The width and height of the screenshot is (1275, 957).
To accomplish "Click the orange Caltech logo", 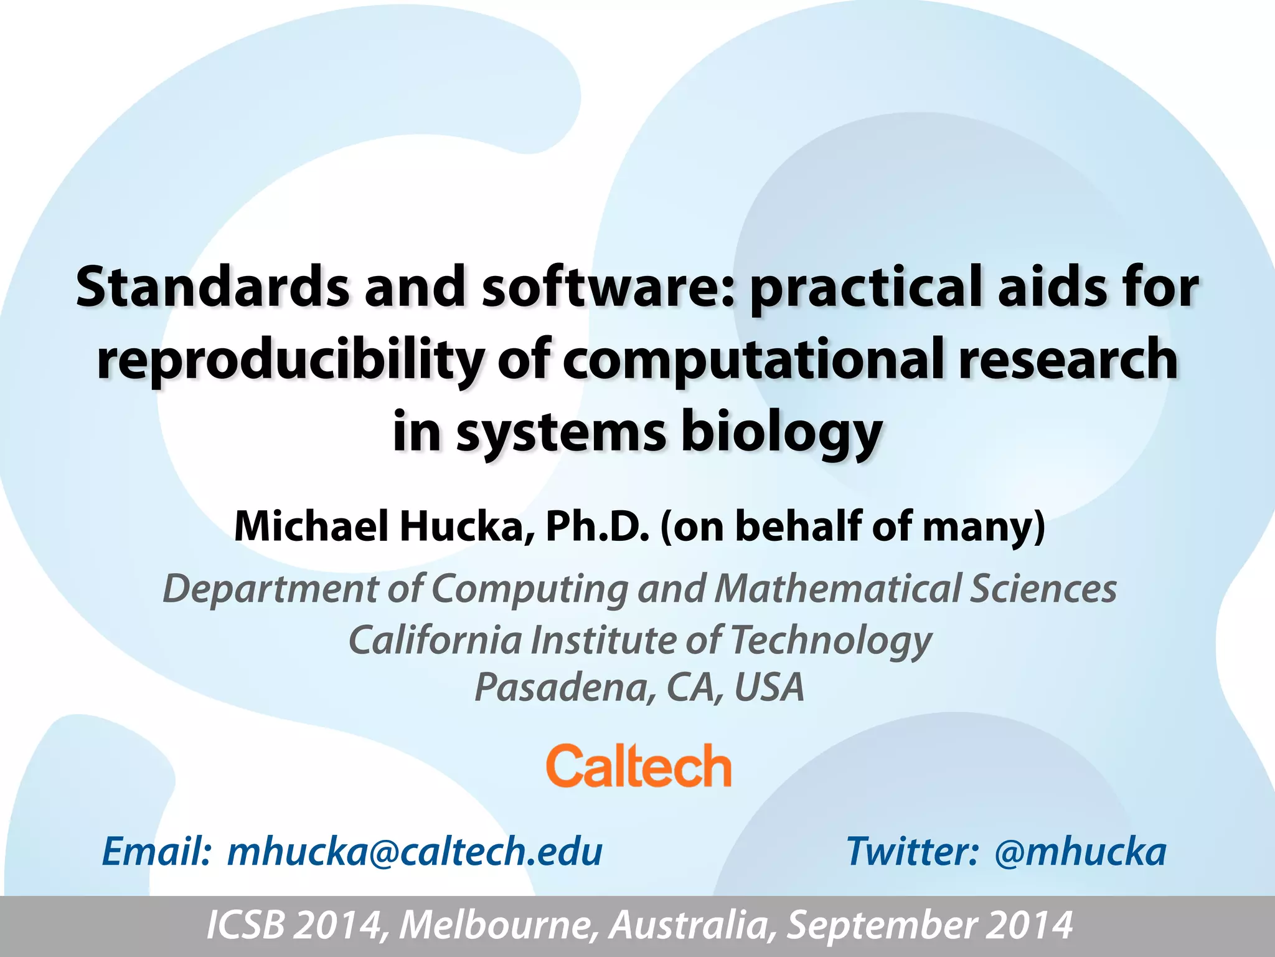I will coord(638,766).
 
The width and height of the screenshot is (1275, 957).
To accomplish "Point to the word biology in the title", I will coord(781,434).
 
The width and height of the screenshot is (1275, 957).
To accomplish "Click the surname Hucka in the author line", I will coord(466,526).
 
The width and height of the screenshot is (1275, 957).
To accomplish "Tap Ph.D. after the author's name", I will coord(598,526).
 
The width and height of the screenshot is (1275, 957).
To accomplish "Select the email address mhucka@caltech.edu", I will coord(415,852).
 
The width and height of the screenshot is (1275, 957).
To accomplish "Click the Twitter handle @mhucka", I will coord(1080,852).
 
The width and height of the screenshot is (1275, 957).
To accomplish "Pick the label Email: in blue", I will coord(156,852).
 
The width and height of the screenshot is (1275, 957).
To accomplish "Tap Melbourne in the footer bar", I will coord(495,925).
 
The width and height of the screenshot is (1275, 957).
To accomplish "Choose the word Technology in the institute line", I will coord(831,640).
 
